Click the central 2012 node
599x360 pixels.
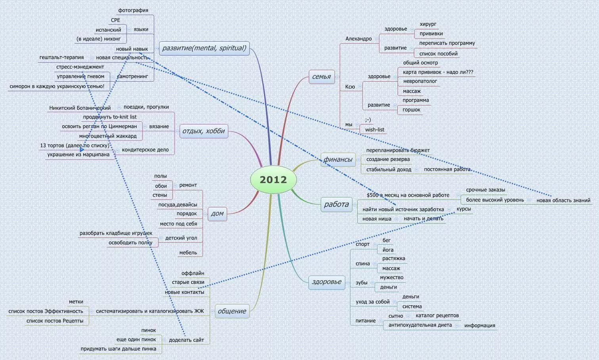(274, 180)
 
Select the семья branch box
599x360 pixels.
(322, 77)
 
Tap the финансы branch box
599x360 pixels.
(338, 159)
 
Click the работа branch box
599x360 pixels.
(336, 205)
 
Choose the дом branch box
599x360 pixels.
(217, 214)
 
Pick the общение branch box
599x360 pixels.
(232, 311)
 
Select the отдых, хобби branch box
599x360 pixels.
(204, 131)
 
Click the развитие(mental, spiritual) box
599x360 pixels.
(204, 48)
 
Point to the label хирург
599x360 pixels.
(428, 24)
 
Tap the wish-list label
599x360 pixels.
(375, 130)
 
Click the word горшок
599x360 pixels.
(411, 110)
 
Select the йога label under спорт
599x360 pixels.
(388, 250)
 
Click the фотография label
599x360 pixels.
(133, 10)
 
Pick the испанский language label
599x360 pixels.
(108, 30)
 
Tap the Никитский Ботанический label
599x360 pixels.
(80, 108)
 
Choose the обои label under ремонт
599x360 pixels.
(161, 186)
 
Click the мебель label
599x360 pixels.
(188, 253)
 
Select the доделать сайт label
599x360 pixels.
(186, 340)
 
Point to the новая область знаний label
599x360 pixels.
(563, 200)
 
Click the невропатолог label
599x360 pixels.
(420, 81)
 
